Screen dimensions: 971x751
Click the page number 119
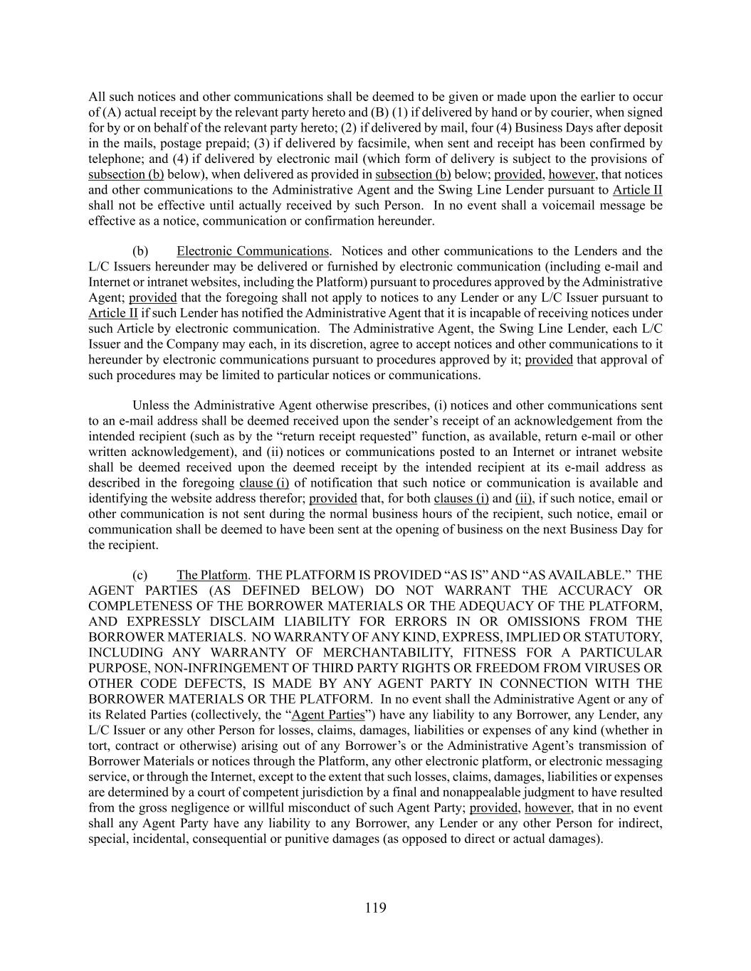[x=375, y=907]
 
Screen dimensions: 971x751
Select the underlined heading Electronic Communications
[x=253, y=251]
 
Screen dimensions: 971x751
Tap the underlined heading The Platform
[x=212, y=575]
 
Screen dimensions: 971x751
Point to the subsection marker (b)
[x=140, y=251]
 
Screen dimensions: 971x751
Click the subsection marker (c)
[x=140, y=575]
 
